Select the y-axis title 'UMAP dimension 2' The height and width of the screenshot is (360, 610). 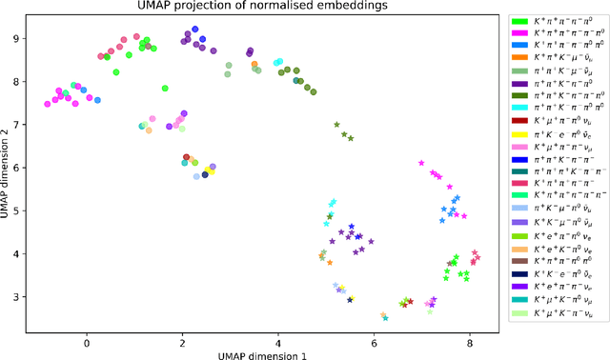pyautogui.click(x=8, y=168)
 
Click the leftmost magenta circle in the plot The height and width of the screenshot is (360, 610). pyautogui.click(x=48, y=104)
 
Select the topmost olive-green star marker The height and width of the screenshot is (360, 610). pyautogui.click(x=336, y=125)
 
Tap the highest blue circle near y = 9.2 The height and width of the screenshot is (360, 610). pyautogui.click(x=194, y=30)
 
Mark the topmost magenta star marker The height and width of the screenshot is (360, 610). pyautogui.click(x=421, y=163)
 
